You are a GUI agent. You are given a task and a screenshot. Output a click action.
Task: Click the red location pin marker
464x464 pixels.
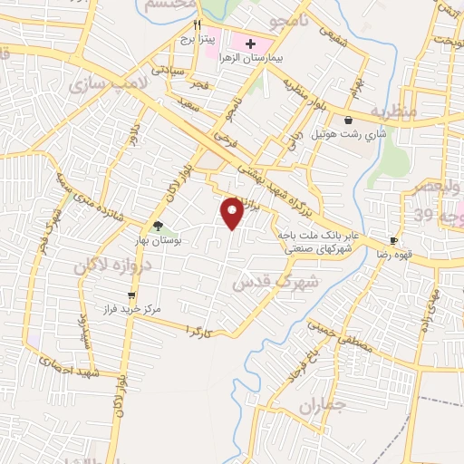[x=233, y=212]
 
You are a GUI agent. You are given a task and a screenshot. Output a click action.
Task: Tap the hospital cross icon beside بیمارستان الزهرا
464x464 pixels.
[x=250, y=43]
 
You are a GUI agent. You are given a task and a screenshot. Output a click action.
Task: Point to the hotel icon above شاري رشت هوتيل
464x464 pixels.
[x=349, y=119]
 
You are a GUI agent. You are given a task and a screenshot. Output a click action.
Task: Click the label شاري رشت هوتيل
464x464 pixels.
[x=350, y=133]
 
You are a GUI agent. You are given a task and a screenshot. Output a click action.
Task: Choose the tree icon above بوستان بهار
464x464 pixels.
[x=158, y=227]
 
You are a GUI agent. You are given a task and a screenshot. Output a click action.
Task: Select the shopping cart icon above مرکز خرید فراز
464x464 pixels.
[x=131, y=295]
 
